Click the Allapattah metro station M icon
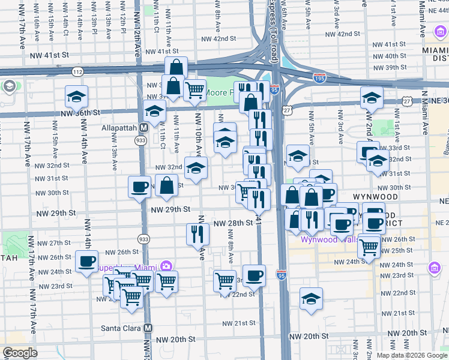tap(144, 127)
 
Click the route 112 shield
tap(77, 71)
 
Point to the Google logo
tap(20, 352)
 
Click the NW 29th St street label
tap(170, 209)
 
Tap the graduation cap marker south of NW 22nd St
tap(311, 299)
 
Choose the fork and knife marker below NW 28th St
tap(198, 233)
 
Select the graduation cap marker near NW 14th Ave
tap(76, 96)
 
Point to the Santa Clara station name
tap(119, 328)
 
